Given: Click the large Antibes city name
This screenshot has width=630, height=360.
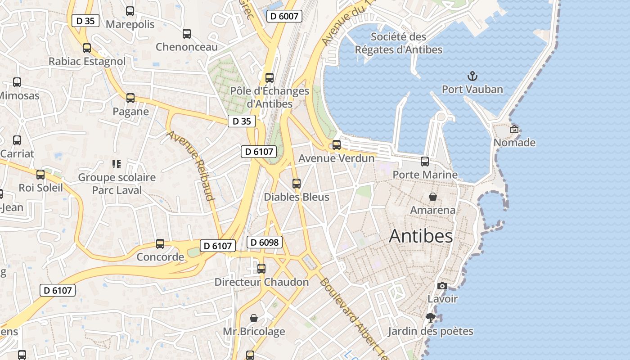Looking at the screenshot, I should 421,236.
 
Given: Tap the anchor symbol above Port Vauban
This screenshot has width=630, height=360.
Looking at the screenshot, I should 472,76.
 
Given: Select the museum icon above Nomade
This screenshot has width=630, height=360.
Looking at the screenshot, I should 514,129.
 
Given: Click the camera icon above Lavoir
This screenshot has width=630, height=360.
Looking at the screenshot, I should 442,286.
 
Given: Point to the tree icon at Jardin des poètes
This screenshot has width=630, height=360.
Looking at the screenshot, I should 431,318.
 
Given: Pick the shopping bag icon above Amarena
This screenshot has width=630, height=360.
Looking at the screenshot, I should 432,197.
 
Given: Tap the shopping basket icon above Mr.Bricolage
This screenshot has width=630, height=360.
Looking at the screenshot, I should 254,318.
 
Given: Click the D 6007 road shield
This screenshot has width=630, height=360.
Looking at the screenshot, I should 284,16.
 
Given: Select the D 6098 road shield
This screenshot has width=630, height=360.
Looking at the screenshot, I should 265,242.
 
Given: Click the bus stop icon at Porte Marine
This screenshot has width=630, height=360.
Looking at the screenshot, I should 425,161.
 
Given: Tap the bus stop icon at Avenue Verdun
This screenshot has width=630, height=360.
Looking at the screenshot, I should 336,145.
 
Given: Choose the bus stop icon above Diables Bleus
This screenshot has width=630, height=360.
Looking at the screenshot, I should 296,184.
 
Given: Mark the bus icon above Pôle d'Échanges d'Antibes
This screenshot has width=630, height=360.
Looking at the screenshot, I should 270,77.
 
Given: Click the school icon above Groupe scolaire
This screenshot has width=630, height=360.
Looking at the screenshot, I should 117,164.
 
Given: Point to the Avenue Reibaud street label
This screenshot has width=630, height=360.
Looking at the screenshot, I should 192,165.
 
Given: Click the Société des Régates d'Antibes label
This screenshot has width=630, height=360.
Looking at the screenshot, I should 399,43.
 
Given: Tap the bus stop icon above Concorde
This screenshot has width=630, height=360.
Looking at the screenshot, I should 160,244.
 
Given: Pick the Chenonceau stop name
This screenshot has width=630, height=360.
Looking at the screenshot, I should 187,47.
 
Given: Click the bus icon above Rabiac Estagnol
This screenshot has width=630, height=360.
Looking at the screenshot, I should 87,48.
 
